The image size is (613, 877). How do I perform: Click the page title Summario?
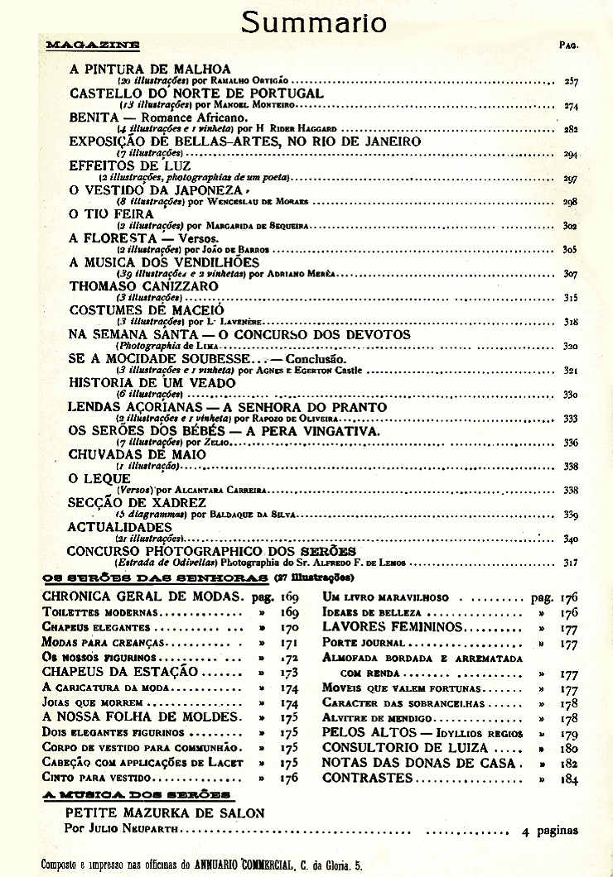click(x=313, y=22)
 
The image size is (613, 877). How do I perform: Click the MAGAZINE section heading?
click(x=92, y=44)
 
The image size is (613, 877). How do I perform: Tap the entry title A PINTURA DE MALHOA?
click(x=150, y=69)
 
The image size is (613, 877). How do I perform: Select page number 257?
click(x=571, y=82)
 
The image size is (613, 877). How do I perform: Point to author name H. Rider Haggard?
click(x=288, y=130)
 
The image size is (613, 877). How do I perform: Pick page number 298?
click(x=571, y=202)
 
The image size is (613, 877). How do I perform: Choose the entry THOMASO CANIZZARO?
click(x=144, y=285)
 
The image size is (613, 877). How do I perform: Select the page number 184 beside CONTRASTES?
click(x=569, y=779)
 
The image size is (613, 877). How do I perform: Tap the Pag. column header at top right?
click(x=568, y=45)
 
